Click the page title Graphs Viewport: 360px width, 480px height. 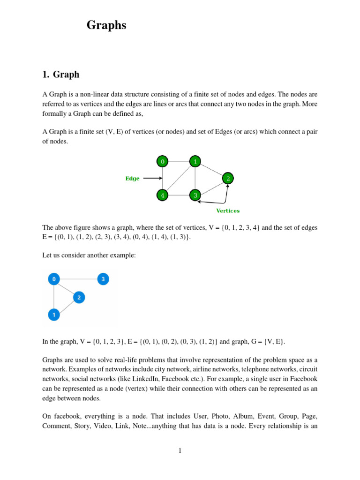(106, 25)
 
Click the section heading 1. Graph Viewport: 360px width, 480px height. (61, 74)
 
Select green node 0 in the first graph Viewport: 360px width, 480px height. (163, 162)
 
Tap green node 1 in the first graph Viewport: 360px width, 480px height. (195, 162)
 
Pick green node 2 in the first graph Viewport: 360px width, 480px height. (228, 179)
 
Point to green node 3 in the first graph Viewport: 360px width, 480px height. (195, 195)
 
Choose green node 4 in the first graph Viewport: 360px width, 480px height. (163, 195)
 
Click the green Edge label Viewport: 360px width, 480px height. (132, 179)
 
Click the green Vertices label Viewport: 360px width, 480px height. (228, 211)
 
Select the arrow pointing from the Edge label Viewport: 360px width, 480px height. (152, 178)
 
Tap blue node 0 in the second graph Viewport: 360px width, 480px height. (54, 279)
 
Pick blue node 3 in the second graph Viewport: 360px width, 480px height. (103, 279)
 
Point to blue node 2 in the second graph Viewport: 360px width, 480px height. (79, 297)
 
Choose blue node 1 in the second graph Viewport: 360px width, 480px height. (54, 315)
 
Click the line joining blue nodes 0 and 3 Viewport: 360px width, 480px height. (79, 279)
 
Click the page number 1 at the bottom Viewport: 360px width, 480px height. (180, 451)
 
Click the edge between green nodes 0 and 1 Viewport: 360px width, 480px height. (179, 162)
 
